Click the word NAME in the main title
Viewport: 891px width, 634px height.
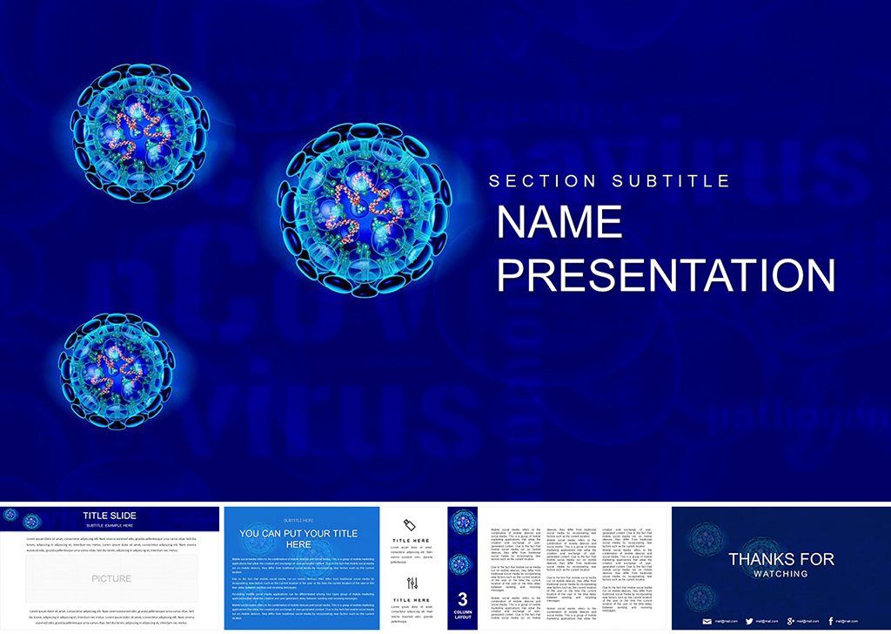pos(560,223)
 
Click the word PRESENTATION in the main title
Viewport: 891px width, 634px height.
pos(667,274)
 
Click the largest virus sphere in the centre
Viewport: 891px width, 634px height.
pos(364,208)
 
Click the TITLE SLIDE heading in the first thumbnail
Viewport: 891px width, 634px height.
pos(109,516)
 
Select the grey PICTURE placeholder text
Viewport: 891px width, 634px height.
pos(111,578)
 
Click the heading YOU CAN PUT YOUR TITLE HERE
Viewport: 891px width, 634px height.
pos(298,538)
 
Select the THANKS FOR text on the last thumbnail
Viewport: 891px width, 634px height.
pos(780,559)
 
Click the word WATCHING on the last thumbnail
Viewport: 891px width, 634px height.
pos(780,574)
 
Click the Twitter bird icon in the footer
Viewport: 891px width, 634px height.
pos(749,620)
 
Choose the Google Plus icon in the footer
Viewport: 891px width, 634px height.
pos(790,620)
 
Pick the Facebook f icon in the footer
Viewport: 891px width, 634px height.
pos(831,620)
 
